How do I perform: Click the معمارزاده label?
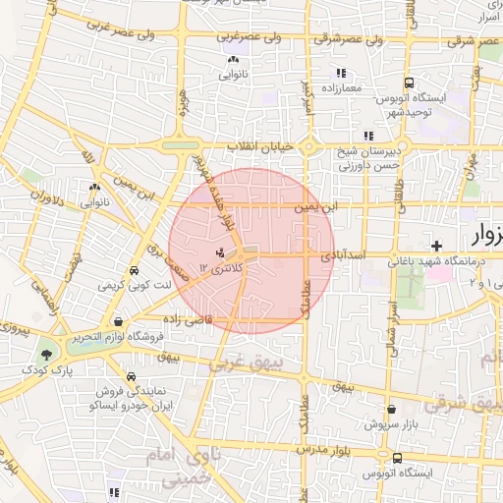coord(340,88)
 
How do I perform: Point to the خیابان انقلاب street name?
coord(261,146)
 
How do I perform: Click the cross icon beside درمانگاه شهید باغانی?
coord(436,244)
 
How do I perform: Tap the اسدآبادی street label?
coord(350,254)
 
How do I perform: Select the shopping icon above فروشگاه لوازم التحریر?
coord(119,321)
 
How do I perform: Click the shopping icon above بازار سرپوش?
coord(392,410)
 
